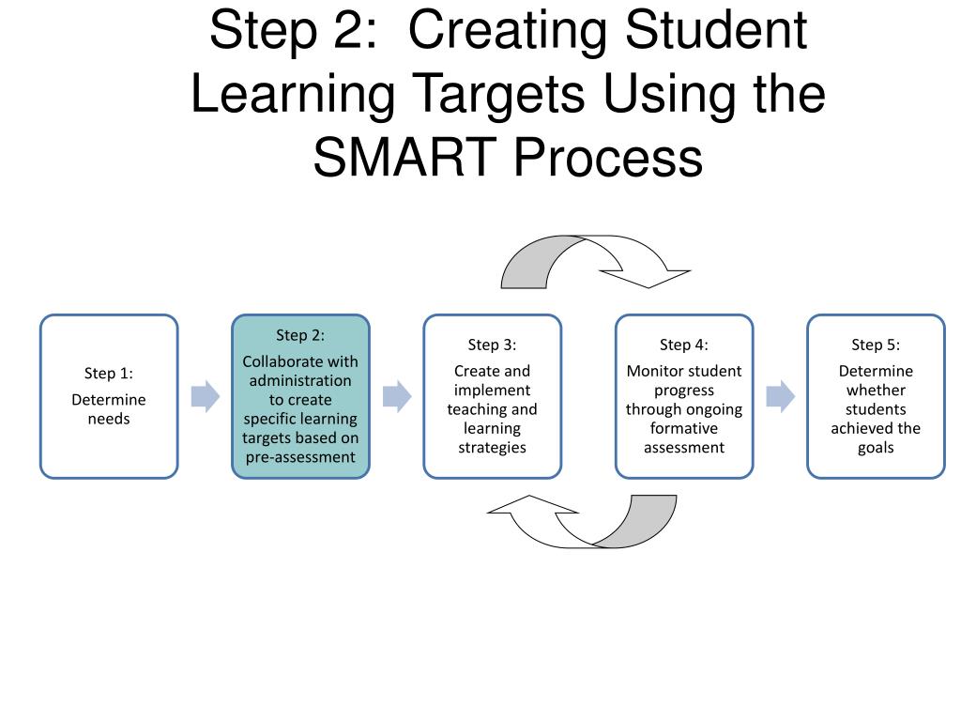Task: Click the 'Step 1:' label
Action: click(x=109, y=374)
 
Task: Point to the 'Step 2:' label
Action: click(x=300, y=335)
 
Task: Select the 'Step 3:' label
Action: click(x=492, y=345)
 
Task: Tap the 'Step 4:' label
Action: click(x=684, y=345)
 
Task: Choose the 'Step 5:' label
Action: click(x=876, y=345)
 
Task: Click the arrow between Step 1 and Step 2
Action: click(x=206, y=396)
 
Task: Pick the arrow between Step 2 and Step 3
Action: click(x=397, y=396)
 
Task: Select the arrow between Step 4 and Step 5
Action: click(x=780, y=396)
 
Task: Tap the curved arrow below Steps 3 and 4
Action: click(x=582, y=522)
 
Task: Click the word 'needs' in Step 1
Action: click(x=109, y=419)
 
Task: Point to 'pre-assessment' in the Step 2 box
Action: click(x=300, y=457)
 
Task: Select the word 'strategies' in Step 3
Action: click(x=492, y=447)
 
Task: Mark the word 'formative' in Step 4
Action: click(x=684, y=428)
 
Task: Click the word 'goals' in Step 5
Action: click(x=876, y=447)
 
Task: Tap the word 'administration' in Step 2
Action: click(x=300, y=380)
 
